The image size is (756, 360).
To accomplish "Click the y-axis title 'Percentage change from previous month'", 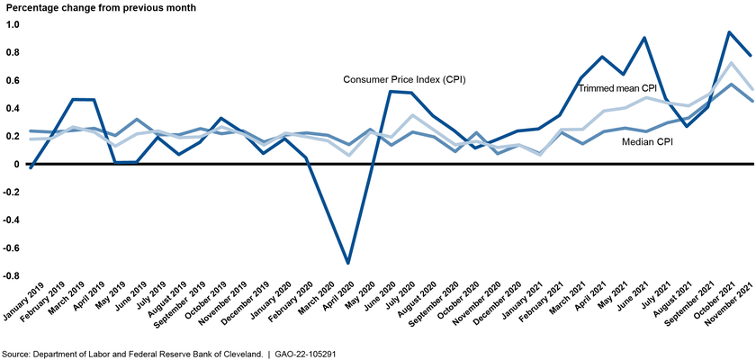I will coord(100,8).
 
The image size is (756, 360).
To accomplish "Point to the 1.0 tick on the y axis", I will coord(13,24).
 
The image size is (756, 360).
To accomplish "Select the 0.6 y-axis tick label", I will coord(13,80).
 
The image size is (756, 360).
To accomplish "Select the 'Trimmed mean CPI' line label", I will coord(616,89).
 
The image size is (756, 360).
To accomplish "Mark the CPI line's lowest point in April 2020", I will coord(349,263).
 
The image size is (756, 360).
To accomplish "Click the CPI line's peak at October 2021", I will coord(728,32).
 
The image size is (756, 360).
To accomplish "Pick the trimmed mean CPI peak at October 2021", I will coord(728,63).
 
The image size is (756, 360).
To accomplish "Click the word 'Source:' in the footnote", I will coord(16,354).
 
